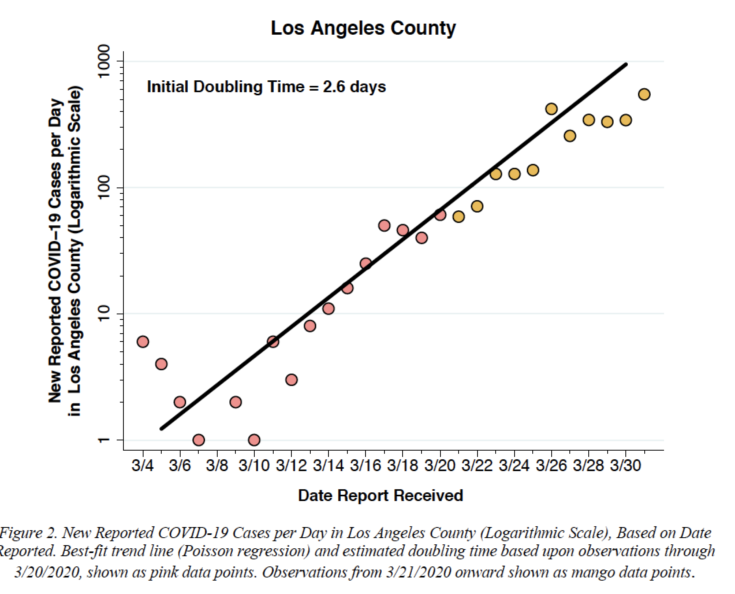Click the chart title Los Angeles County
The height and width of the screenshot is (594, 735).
(x=363, y=28)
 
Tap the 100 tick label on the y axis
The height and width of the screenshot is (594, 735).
(x=103, y=187)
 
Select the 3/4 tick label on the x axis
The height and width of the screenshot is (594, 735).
(x=143, y=466)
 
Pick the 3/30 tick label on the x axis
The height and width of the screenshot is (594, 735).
(x=625, y=466)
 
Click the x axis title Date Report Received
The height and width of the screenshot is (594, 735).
(x=381, y=496)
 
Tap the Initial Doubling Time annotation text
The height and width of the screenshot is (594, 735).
(x=266, y=87)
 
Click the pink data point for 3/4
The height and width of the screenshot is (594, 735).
(x=143, y=342)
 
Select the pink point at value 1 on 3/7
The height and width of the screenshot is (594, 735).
(x=199, y=440)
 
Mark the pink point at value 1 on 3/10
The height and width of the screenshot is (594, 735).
(x=254, y=440)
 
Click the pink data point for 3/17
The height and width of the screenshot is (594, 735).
(x=384, y=225)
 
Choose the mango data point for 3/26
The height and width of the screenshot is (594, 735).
(x=551, y=109)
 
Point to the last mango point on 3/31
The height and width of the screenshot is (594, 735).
(x=644, y=94)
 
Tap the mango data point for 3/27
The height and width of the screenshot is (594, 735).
(x=570, y=136)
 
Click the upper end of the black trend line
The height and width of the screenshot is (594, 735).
(x=626, y=64)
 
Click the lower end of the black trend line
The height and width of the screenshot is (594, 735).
(x=161, y=429)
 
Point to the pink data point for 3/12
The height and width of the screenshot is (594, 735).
(x=291, y=380)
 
